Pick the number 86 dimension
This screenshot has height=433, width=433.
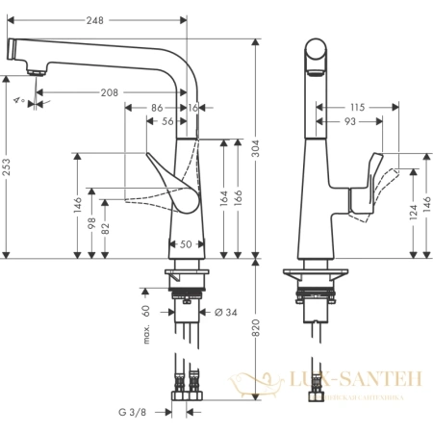157,109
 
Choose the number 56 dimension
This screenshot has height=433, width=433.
167,122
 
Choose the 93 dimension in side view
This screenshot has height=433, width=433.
350,122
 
